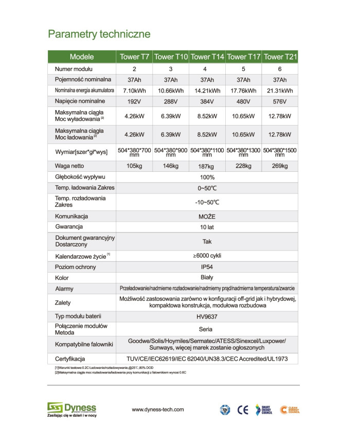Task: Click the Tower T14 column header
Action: [207, 57]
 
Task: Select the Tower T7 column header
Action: [134, 57]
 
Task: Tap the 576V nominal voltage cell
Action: [280, 101]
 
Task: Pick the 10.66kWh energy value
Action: [171, 91]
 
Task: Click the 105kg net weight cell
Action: [134, 166]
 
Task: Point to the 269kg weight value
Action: [280, 166]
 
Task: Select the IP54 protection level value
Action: [207, 267]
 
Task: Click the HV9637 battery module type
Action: [207, 316]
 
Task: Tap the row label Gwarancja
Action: [69, 226]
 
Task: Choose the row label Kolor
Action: [62, 278]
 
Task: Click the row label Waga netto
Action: [69, 166]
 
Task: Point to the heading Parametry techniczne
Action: [99, 34]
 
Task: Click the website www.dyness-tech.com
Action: [158, 409]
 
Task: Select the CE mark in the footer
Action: [243, 410]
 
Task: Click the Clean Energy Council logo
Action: [290, 410]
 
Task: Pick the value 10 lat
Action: [207, 227]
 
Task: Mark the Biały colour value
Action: [207, 278]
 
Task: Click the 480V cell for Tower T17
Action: [243, 101]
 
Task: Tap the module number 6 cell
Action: [280, 69]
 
